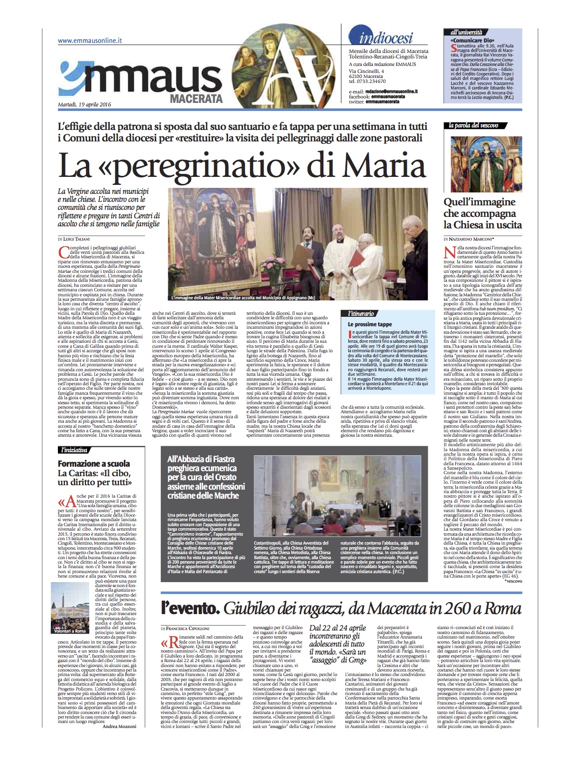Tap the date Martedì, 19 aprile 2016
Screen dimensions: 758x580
pos(84,104)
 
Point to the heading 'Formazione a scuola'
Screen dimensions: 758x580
pos(94,463)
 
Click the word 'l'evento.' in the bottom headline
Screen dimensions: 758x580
pos(190,609)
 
